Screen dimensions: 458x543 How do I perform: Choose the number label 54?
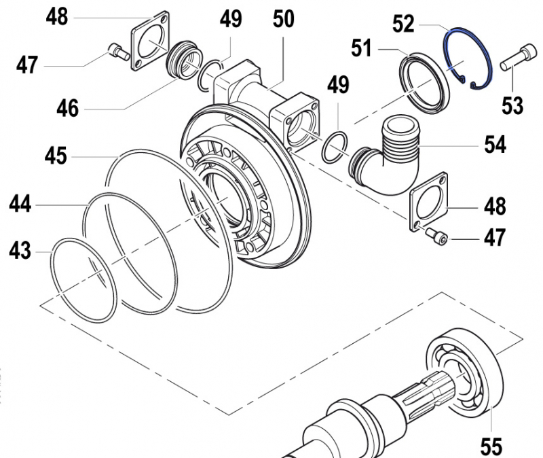pos(495,145)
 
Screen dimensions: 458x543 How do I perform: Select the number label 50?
pos(284,19)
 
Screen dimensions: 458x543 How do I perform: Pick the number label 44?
pos(20,202)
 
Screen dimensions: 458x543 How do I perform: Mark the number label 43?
pos(20,251)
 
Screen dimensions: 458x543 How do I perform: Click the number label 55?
pos(491,446)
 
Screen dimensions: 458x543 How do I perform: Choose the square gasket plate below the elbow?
pos(430,202)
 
